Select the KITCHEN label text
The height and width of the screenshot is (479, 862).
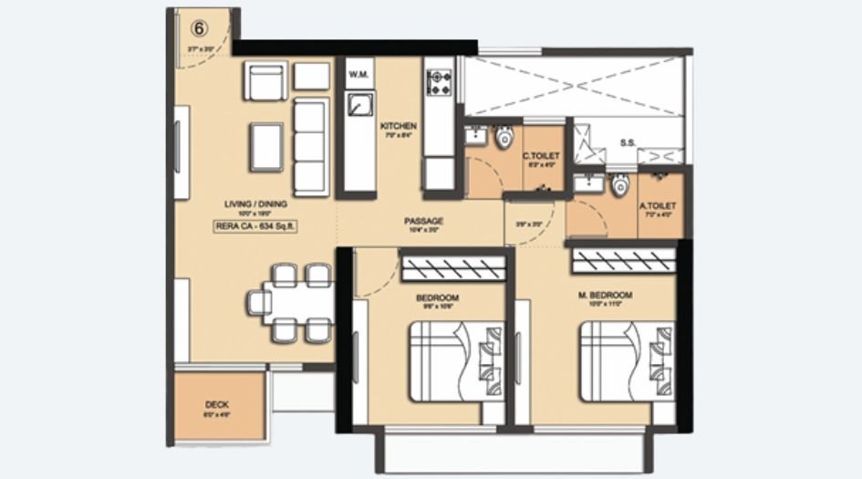[399, 126]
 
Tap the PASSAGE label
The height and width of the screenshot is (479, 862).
[424, 221]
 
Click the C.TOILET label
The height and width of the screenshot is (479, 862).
[540, 158]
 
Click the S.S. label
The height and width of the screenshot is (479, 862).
[628, 143]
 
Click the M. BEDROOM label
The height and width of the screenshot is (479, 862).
[606, 297]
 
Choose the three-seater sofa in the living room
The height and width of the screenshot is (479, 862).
[310, 143]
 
